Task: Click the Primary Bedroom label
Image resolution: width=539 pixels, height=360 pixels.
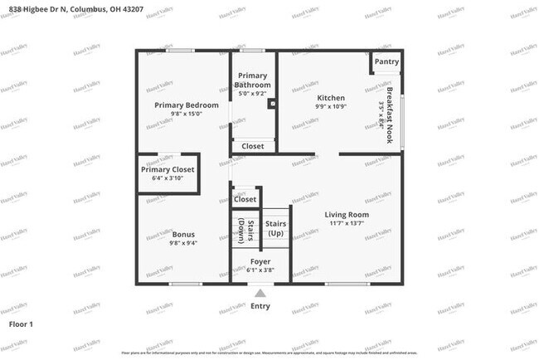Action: [x=187, y=105]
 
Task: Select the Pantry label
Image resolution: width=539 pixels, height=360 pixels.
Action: [x=386, y=61]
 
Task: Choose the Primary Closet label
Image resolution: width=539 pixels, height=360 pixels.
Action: [x=167, y=169]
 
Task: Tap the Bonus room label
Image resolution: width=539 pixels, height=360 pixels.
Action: [x=183, y=234]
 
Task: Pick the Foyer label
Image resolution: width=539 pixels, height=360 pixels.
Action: [x=260, y=261]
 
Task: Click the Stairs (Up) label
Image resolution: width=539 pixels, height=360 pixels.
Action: [x=275, y=228]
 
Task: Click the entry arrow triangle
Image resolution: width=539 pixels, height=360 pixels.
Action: [x=260, y=293]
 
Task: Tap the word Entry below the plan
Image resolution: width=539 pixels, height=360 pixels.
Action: [x=260, y=306]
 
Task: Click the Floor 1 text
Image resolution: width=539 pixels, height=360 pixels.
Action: [x=20, y=323]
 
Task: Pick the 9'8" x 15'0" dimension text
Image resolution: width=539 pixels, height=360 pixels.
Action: [x=187, y=114]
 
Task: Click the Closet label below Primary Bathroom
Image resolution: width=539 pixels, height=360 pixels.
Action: [x=253, y=146]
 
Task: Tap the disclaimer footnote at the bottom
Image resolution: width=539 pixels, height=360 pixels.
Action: [x=269, y=353]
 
